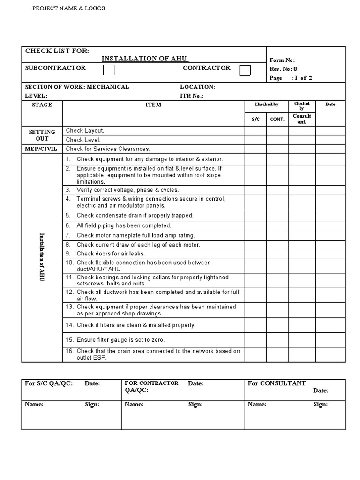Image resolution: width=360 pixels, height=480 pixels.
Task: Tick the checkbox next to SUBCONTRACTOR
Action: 108,70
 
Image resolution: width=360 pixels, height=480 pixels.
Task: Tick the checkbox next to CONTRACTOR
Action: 245,70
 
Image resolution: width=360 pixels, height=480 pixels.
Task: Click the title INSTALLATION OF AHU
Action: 145,59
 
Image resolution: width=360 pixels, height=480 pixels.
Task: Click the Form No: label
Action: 282,60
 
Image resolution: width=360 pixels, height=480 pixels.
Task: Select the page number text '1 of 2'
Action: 303,78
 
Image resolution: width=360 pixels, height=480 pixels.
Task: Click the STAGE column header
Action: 42,105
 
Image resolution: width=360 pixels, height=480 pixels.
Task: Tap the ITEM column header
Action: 153,105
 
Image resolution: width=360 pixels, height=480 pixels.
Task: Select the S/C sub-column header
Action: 255,119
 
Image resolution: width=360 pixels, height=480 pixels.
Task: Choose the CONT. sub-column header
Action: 277,119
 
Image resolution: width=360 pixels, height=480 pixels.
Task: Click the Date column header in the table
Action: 330,104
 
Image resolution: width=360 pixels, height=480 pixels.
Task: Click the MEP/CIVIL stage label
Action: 42,149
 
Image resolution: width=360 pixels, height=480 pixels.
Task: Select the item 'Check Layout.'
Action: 85,131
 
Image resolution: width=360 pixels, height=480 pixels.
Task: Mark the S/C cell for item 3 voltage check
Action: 255,190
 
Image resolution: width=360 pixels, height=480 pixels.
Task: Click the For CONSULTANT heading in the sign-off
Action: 277,383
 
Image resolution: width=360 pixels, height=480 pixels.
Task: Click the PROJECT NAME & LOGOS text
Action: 68,8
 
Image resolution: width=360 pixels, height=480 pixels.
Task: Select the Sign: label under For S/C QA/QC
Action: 92,405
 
